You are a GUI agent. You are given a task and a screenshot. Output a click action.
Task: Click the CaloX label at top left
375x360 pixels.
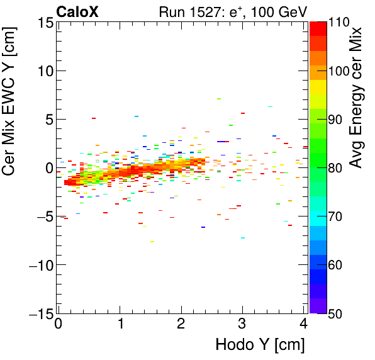pos(77,11)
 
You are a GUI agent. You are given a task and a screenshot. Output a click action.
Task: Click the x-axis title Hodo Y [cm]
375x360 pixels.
pos(260,345)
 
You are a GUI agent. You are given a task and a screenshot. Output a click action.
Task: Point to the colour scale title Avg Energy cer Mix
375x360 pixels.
pos(357,98)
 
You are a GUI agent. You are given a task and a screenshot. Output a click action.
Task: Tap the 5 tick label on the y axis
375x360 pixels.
pos(48,120)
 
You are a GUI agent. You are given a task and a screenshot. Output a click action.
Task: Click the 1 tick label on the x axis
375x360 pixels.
pos(120,325)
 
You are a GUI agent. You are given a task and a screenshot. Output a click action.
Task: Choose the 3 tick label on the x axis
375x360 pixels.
pos(243,325)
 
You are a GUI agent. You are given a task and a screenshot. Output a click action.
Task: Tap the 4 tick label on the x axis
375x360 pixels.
pos(304,325)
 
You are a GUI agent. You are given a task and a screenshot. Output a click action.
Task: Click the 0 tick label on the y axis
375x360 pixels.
pos(48,168)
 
